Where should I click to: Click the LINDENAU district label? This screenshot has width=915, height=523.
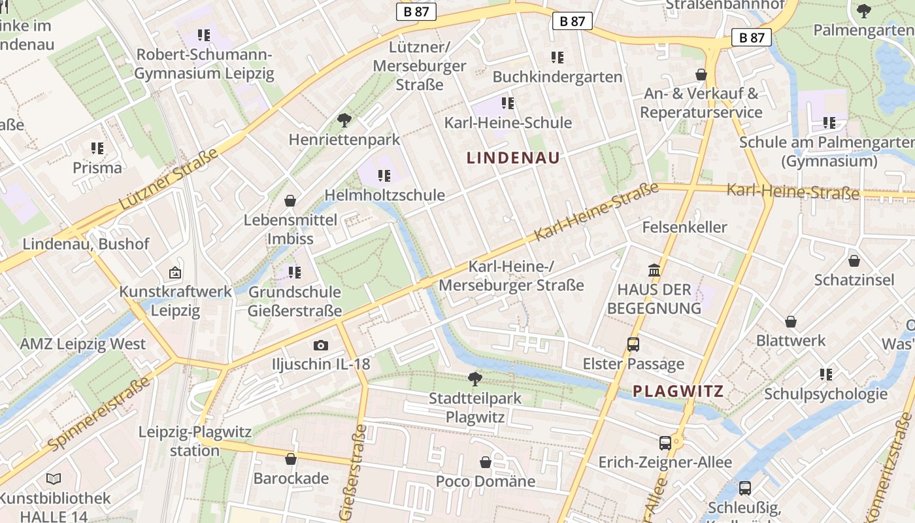tap(513, 158)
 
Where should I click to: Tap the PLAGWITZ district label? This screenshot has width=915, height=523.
tap(678, 392)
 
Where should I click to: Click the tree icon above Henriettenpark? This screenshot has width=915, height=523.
tap(344, 120)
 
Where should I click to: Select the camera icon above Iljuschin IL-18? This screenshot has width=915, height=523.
tap(320, 345)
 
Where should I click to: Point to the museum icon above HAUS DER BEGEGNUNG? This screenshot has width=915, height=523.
tap(654, 270)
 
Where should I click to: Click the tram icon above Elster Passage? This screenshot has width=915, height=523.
tap(633, 345)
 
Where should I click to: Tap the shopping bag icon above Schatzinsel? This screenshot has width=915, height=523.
tap(854, 261)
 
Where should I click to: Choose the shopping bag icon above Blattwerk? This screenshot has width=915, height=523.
tap(791, 322)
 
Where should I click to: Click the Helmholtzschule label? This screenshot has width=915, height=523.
tap(384, 195)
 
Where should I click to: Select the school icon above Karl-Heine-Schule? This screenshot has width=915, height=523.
tap(507, 103)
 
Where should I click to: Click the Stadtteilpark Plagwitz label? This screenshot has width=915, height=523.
tap(475, 407)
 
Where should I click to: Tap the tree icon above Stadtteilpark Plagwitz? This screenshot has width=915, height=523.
tap(475, 379)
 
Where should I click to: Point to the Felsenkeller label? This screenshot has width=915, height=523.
tap(684, 227)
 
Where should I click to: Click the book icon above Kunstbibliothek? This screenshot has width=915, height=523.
tap(54, 479)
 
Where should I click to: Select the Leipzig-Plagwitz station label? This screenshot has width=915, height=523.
tap(195, 441)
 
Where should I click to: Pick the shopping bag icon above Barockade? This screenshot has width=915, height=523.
tap(291, 460)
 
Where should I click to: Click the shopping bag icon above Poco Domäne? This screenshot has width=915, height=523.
tap(486, 463)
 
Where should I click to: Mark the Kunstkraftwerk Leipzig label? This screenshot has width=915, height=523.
tap(175, 301)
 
